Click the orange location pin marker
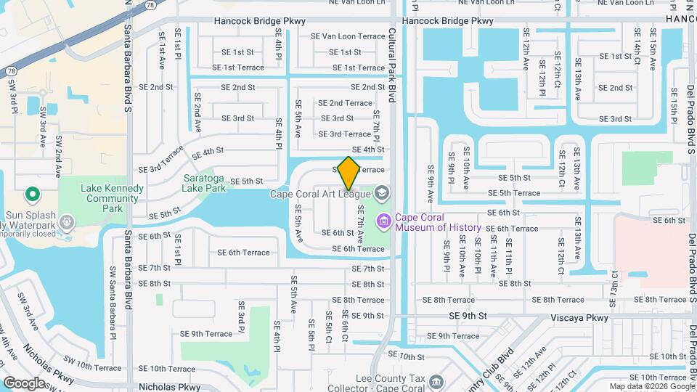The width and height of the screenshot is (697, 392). pos(348,172)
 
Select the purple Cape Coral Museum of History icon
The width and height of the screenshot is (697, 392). pos(383,219)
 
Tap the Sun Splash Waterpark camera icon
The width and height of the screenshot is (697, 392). pos(67,221)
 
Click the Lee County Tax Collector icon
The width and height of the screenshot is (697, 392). pos(436,380)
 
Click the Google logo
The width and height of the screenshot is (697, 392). pos(24,383)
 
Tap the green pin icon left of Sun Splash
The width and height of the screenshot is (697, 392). pos(32,195)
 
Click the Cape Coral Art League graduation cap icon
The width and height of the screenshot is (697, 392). pos(383,193)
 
